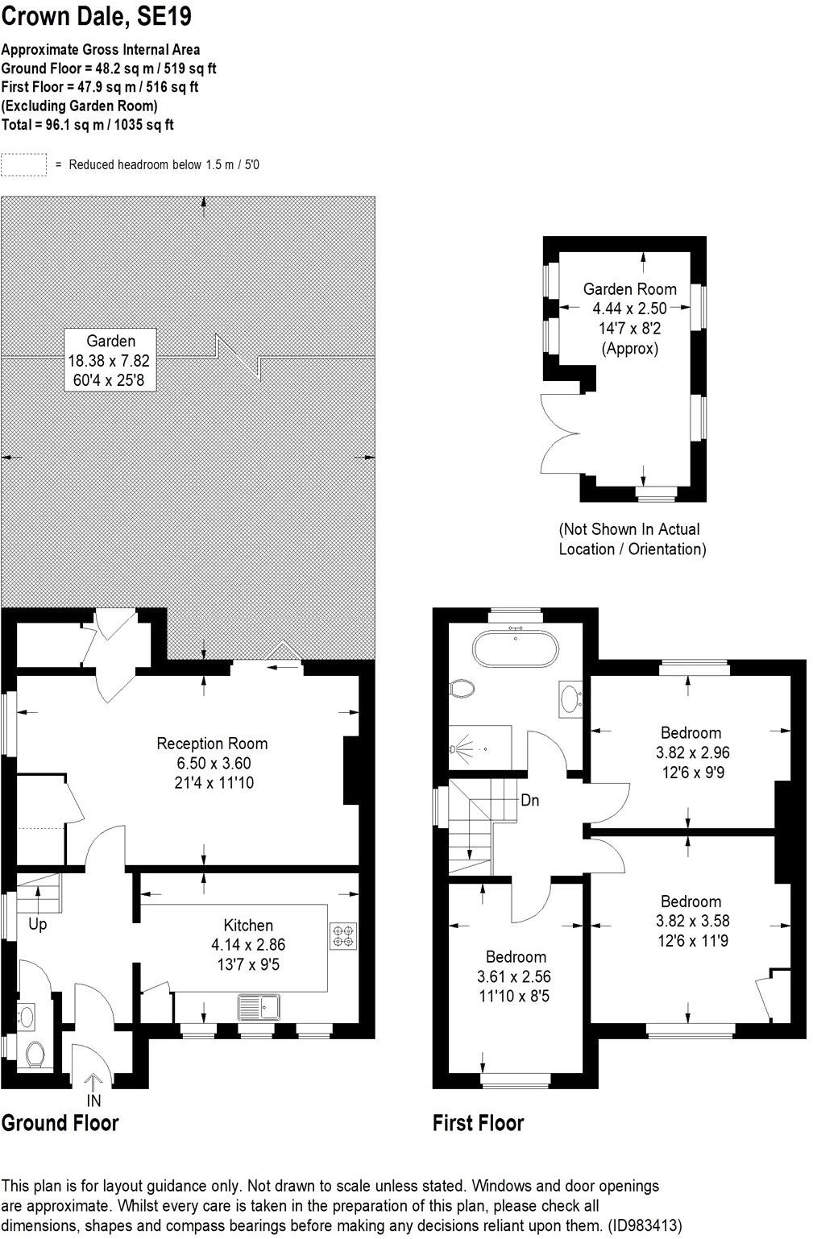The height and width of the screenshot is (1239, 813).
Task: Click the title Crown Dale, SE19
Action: coord(97,16)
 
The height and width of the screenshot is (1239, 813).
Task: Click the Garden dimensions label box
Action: coord(110,360)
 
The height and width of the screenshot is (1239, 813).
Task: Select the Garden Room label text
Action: coord(629,289)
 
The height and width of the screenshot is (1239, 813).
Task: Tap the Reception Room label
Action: coord(212,762)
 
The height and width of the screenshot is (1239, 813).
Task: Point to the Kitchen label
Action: coord(248,944)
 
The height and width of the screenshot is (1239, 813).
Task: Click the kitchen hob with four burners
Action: coord(342,935)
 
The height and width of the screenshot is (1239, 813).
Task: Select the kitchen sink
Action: coord(258,1007)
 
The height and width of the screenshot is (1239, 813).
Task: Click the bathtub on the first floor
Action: coord(515,649)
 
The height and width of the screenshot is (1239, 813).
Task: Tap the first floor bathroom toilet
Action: coord(462,689)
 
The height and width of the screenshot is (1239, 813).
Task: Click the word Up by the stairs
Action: coord(38,924)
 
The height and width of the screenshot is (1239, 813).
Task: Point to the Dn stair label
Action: coord(529,800)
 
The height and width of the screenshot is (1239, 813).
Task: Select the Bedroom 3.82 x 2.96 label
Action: coord(691,752)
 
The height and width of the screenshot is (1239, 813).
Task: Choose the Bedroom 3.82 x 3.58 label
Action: coord(691,921)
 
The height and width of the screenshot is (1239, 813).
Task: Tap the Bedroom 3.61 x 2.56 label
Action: coord(516,976)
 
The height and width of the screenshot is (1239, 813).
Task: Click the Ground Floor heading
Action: coord(60,1123)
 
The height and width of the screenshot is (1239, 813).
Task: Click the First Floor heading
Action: coord(478,1123)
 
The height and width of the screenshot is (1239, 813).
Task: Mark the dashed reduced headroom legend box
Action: coord(24,164)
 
